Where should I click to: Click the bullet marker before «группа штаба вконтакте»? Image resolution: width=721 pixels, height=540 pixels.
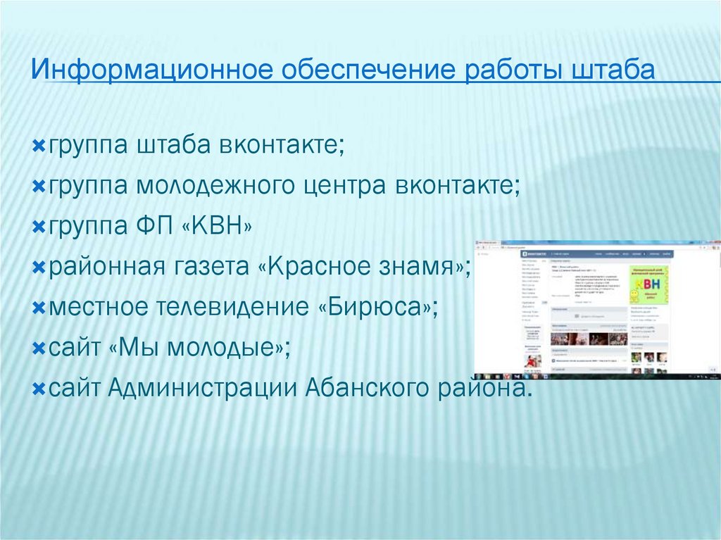39,147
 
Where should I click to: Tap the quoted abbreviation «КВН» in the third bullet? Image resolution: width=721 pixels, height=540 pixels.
218,227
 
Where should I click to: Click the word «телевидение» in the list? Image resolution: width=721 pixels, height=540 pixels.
220,307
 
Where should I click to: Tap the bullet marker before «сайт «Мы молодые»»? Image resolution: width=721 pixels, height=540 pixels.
39,349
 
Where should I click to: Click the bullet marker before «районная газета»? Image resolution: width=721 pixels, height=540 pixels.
39,268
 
